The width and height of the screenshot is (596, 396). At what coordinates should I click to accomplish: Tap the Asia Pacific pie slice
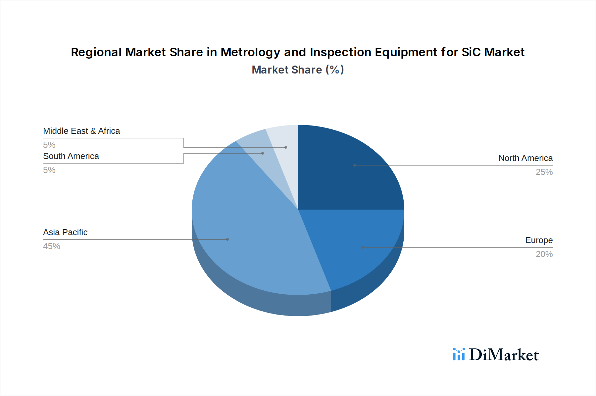point(245,232)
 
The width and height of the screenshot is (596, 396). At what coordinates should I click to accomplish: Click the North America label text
point(525,158)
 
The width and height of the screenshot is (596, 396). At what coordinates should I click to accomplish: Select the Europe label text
point(539,240)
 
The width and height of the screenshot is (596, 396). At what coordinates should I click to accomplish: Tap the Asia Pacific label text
point(65,232)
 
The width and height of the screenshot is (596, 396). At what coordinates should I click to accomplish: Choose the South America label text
point(71,156)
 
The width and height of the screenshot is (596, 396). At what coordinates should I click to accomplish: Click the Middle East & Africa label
point(81,131)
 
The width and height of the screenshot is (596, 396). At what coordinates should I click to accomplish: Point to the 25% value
point(544,172)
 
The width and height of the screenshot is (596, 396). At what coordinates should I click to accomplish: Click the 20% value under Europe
point(544,254)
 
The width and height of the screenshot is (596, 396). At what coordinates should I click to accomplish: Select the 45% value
point(52,246)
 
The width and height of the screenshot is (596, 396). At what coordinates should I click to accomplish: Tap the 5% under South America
point(49,170)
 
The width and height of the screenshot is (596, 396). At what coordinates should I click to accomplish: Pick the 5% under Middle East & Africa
point(49,145)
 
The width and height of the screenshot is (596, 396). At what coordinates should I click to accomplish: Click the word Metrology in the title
point(250,52)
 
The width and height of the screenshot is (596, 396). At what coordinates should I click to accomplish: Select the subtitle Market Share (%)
point(298,70)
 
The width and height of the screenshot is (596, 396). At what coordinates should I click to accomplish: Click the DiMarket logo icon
point(459,354)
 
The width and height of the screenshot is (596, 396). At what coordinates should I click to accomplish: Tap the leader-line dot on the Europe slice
point(363,247)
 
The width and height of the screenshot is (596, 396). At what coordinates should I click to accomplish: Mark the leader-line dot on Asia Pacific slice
point(227,239)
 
